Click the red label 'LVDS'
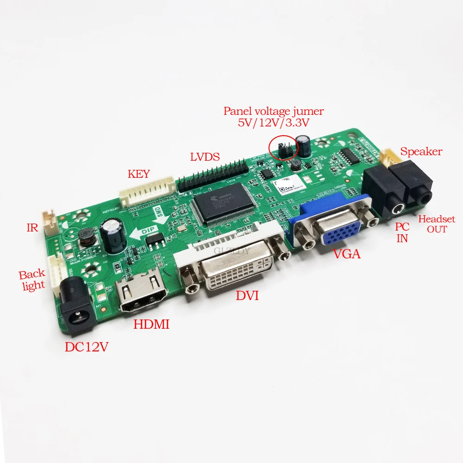(x=204, y=156)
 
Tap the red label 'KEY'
(x=139, y=175)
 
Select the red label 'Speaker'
(x=421, y=151)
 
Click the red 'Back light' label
(x=32, y=280)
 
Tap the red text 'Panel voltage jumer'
(x=273, y=111)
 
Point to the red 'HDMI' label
(x=151, y=325)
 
